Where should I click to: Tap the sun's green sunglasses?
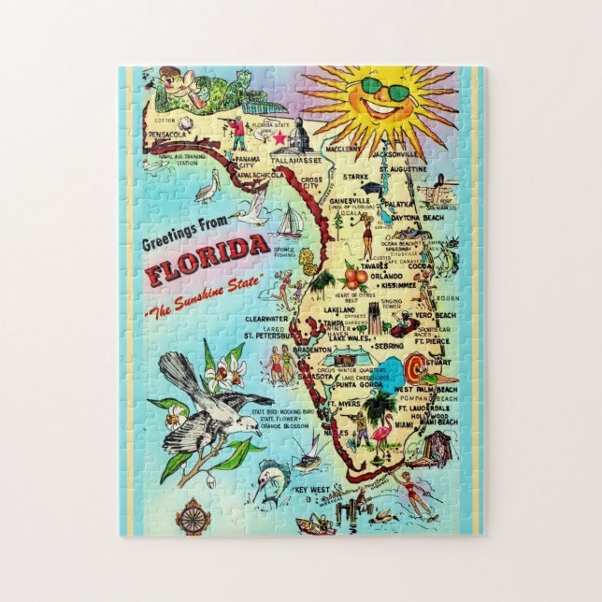click(385, 91)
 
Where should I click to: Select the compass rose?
click(193, 516)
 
